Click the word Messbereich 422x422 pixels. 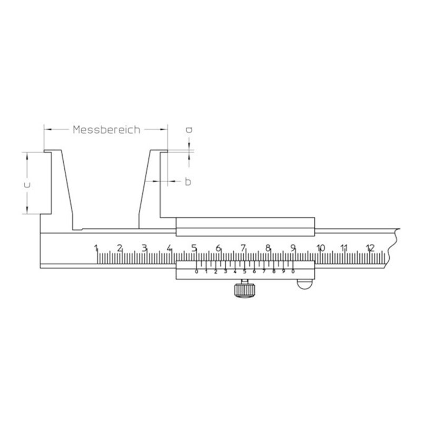(x=107, y=130)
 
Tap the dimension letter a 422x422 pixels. (x=189, y=130)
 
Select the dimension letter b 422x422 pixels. (x=188, y=181)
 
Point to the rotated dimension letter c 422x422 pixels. (x=27, y=185)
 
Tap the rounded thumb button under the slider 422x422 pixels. (x=305, y=284)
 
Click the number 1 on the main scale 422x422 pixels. (x=96, y=248)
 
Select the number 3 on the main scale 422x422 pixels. (x=145, y=248)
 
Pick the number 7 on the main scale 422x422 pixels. (x=243, y=248)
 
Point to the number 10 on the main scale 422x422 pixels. (x=321, y=248)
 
